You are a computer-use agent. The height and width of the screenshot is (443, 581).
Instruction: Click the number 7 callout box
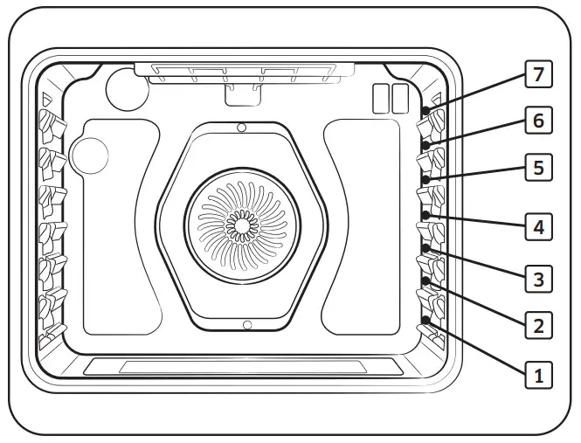(539, 74)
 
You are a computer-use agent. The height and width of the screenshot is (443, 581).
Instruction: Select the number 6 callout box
(539, 121)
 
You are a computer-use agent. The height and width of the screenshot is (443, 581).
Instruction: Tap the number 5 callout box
(539, 167)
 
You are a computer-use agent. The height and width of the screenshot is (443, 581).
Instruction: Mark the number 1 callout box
(539, 377)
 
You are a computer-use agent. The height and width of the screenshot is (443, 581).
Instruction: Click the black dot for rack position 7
(425, 111)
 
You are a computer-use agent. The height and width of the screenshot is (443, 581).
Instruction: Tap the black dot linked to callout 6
(425, 145)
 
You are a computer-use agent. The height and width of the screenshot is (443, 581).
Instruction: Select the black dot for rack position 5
(425, 179)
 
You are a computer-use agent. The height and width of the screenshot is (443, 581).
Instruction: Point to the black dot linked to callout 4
(425, 214)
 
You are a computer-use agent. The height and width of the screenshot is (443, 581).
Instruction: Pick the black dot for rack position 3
(425, 248)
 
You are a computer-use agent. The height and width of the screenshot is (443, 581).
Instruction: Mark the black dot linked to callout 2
(425, 281)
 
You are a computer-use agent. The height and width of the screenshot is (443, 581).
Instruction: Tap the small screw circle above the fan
(241, 128)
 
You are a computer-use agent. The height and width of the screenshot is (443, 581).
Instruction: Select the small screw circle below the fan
(247, 325)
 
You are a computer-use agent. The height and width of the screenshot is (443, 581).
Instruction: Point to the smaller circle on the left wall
(89, 156)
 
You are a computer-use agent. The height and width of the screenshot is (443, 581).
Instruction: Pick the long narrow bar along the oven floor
(242, 367)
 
